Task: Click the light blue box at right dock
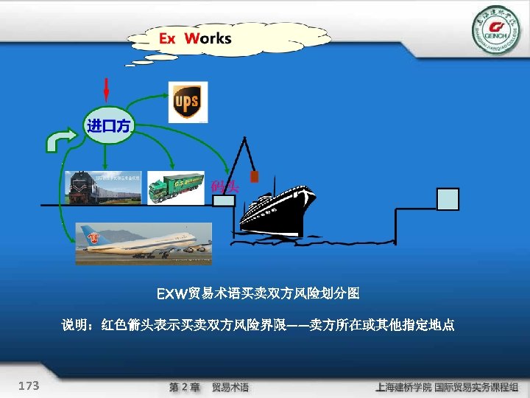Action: (x=448, y=199)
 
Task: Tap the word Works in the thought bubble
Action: (x=208, y=38)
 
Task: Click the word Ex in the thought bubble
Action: (x=168, y=38)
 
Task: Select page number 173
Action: (x=29, y=385)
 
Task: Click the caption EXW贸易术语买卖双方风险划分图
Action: (x=258, y=294)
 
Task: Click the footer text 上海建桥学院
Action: (x=403, y=387)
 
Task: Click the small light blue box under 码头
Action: (x=224, y=200)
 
